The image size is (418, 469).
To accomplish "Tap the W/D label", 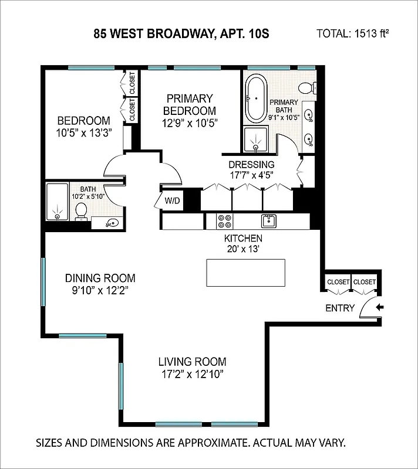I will coord(172,201).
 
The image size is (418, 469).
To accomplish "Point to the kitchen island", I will coord(245,273).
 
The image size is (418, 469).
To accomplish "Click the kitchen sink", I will coord(269,220).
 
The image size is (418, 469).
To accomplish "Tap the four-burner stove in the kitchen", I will coord(224,221).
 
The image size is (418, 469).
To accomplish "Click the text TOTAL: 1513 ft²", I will coord(353,33).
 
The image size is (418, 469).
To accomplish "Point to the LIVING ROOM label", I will coord(192,362).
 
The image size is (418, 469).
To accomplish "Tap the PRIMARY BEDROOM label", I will coord(189,104).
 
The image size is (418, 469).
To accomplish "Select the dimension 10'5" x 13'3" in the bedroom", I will coord(84,132).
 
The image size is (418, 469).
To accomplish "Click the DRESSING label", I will coord(251,164).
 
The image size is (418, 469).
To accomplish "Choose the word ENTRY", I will coord(340,308).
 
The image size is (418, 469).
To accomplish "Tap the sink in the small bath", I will coord(112,222).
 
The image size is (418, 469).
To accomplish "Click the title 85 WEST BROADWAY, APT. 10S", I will coord(181,33).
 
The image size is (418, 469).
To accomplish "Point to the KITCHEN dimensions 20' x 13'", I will coord(243,249).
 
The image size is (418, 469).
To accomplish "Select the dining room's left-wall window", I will coord(42,281).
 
